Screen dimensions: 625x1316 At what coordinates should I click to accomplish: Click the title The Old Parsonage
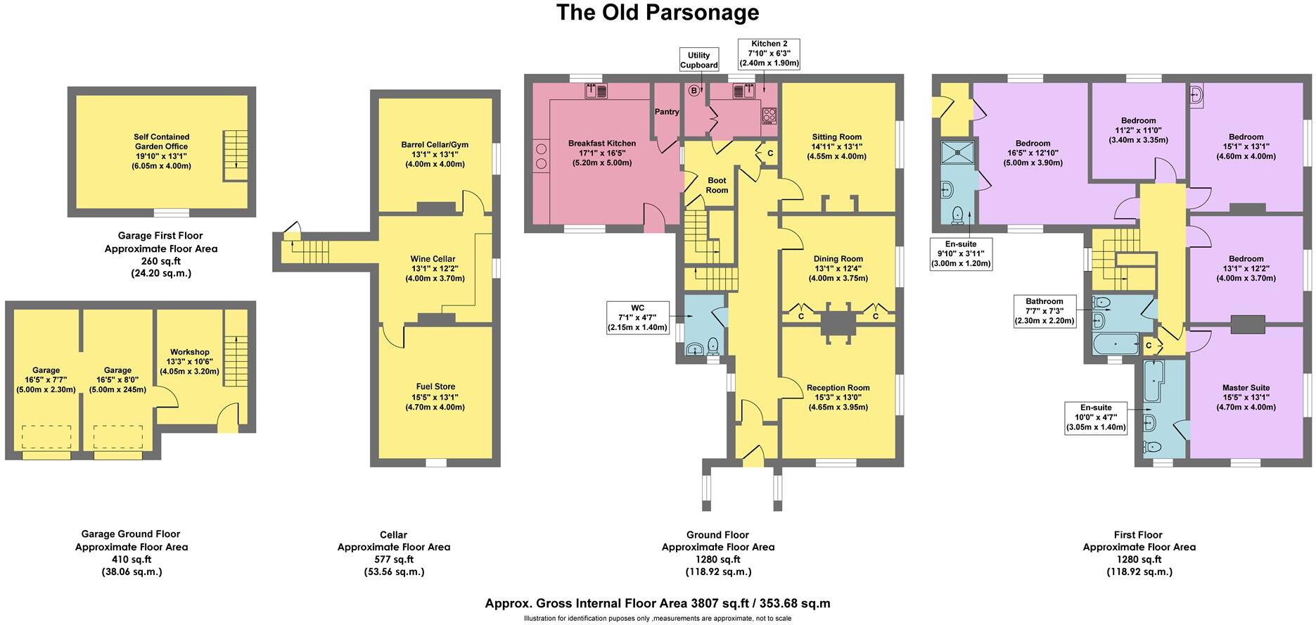coord(658,13)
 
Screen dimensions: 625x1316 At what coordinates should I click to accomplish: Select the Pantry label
coord(666,112)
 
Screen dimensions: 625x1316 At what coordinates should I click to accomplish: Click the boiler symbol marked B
coord(694,90)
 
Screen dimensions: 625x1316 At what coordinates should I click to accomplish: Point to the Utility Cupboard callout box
coord(698,60)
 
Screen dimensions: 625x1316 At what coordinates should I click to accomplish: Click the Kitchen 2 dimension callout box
coord(769,53)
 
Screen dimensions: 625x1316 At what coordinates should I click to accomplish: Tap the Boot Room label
coord(717,185)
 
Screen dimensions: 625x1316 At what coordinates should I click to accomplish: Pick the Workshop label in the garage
coord(189,361)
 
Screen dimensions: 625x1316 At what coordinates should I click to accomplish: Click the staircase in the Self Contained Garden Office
coord(235,155)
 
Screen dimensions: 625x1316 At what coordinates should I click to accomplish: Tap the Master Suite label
coord(1246,397)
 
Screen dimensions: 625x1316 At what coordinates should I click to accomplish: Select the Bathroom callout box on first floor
coord(1044,310)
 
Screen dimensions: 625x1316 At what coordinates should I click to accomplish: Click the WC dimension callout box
coord(637,317)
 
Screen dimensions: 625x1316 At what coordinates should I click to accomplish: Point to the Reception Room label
coord(837,397)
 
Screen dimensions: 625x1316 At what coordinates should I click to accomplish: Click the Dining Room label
coord(837,267)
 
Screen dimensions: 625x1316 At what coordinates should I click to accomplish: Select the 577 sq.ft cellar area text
coord(393,560)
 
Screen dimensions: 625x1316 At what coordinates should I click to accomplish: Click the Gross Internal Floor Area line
coord(657,603)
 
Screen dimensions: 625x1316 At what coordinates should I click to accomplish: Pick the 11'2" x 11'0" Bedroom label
coord(1138,130)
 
